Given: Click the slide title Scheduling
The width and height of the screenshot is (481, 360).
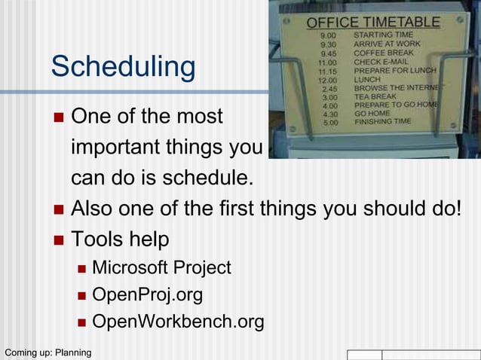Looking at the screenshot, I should pyautogui.click(x=123, y=68).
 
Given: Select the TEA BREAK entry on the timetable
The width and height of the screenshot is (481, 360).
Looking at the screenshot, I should pyautogui.click(x=375, y=96).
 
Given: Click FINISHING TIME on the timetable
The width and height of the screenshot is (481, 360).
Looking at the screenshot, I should pyautogui.click(x=382, y=121).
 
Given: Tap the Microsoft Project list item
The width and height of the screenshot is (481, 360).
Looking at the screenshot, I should pyautogui.click(x=161, y=268).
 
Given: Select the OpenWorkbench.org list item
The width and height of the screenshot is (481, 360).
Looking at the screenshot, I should pyautogui.click(x=178, y=322).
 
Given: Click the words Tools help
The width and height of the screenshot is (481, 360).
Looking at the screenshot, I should pyautogui.click(x=120, y=239).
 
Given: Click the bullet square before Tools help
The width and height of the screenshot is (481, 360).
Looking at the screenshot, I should pyautogui.click(x=60, y=240).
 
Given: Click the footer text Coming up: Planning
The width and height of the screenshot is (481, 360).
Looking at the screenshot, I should pyautogui.click(x=47, y=352).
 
